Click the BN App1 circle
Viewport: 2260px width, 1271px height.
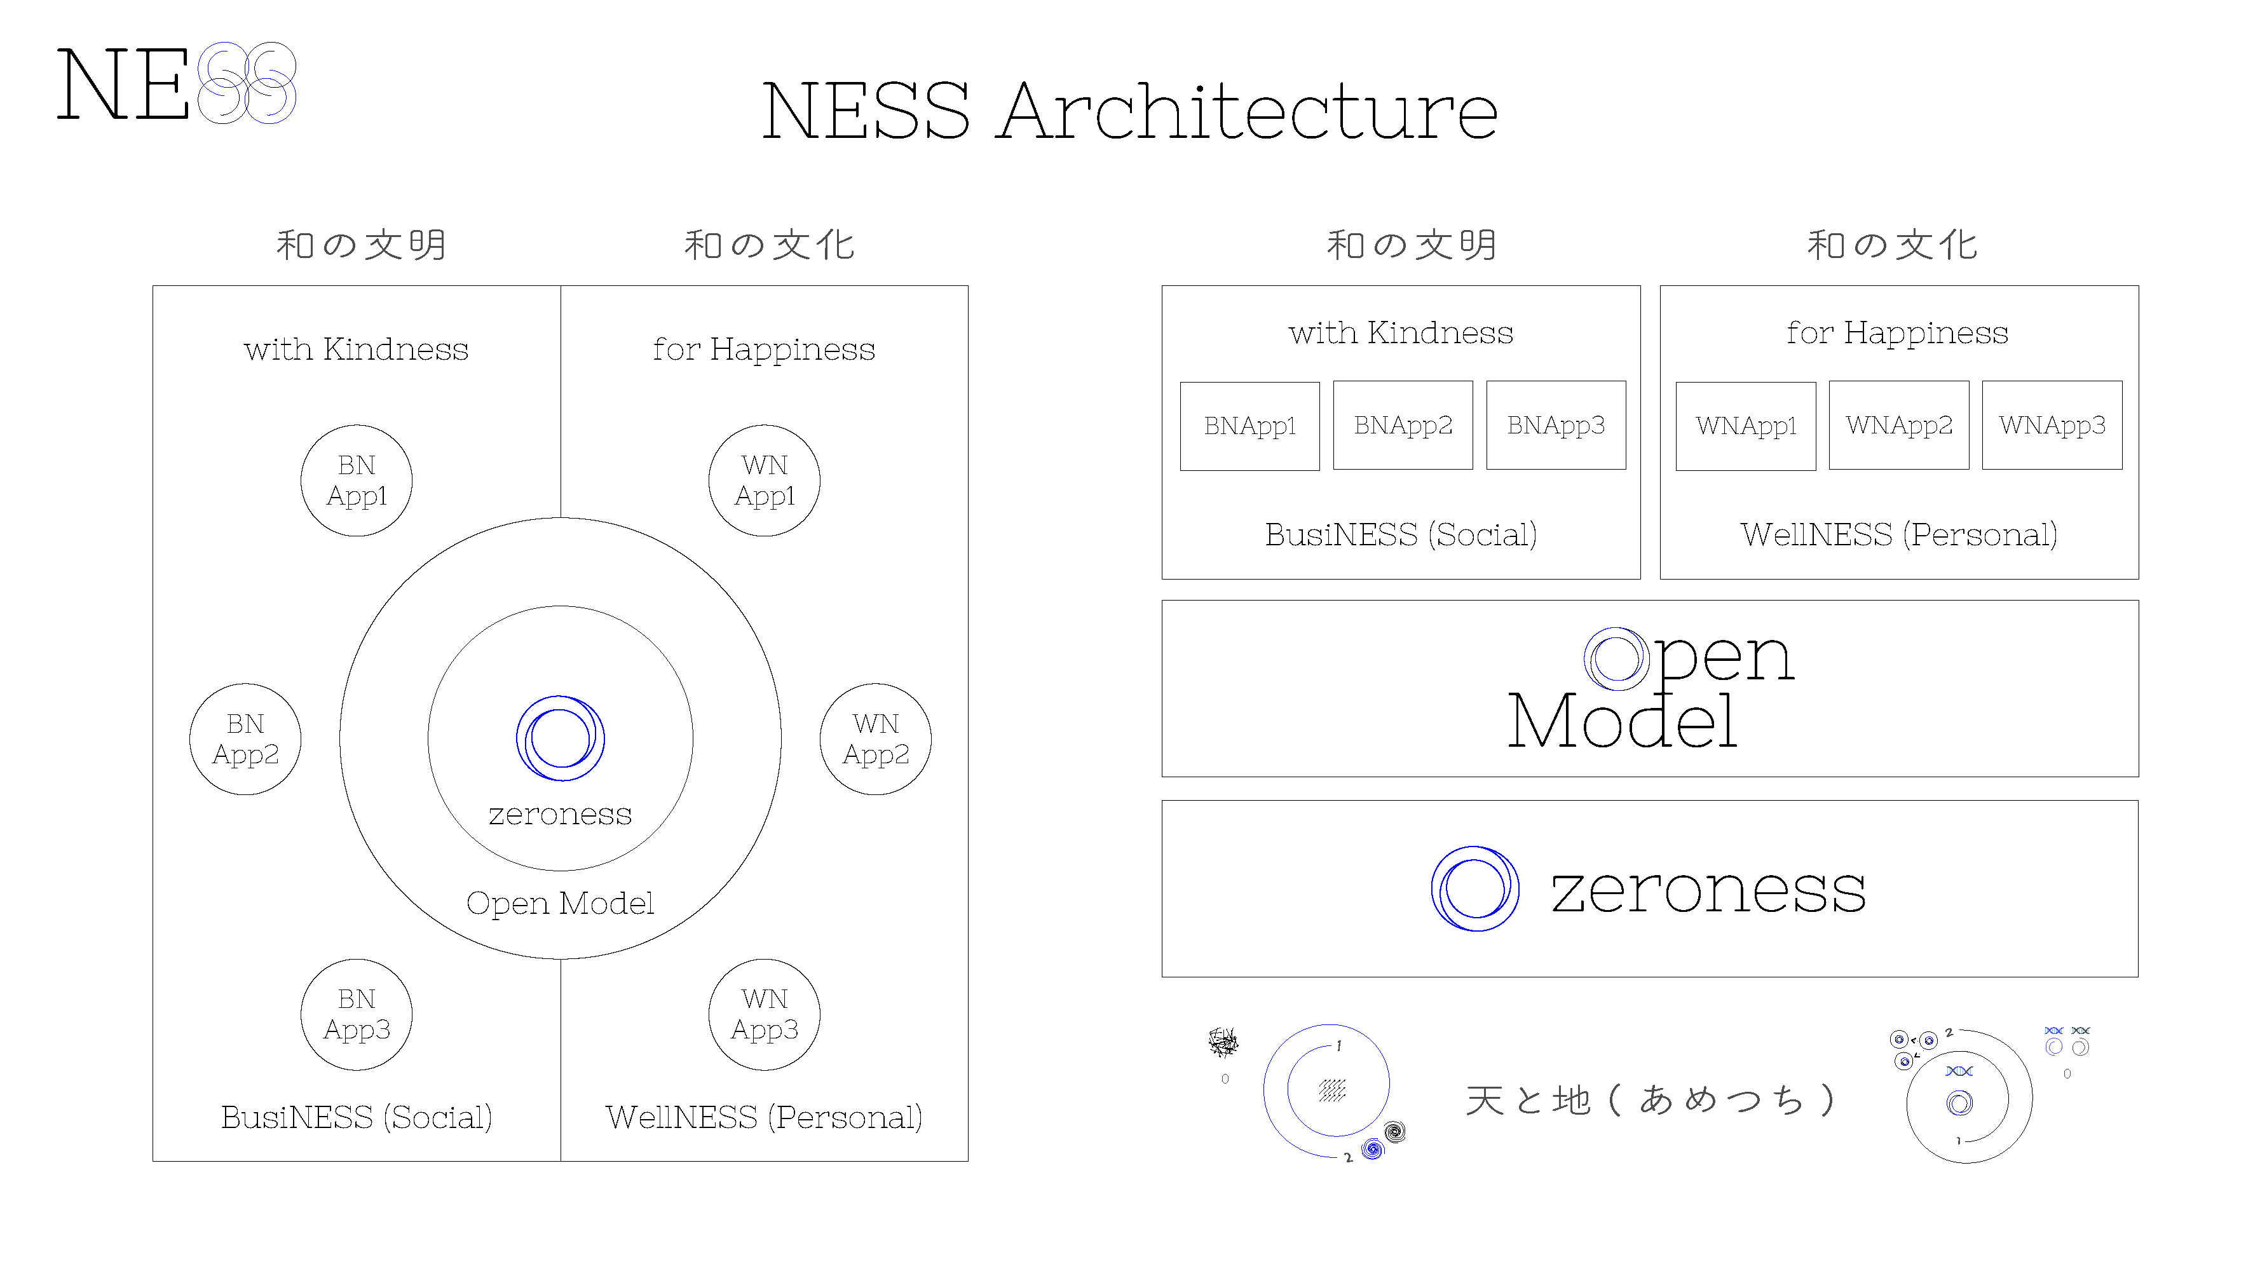tap(356, 480)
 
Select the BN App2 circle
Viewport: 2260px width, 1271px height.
tap(246, 740)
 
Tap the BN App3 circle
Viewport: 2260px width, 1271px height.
tap(356, 1015)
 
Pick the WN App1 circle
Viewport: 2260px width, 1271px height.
tap(764, 480)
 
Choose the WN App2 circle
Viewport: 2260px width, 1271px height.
tap(876, 740)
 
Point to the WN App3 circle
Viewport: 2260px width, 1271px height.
tap(764, 1015)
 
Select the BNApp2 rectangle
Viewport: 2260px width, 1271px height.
tap(1403, 425)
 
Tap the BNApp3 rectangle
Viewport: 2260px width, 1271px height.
tap(1556, 425)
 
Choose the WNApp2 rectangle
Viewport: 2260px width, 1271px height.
tap(1898, 425)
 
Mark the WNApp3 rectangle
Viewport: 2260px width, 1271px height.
tap(2052, 425)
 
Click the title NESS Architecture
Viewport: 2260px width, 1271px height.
tap(1129, 111)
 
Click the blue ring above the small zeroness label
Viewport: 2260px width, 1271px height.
tap(561, 738)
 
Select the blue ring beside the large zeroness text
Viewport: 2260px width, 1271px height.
tap(1475, 888)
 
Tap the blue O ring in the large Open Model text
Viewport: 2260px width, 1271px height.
tap(1616, 659)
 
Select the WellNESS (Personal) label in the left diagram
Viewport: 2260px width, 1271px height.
tap(763, 1117)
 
